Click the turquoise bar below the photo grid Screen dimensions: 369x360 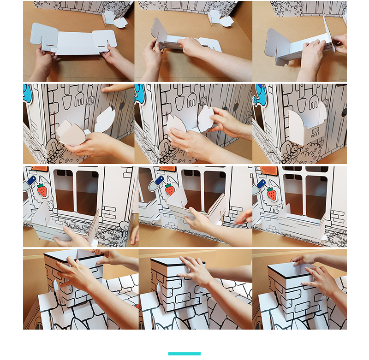pyautogui.click(x=184, y=354)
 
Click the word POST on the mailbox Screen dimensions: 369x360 pyautogui.click(x=315, y=135)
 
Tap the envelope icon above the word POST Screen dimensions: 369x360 pyautogui.click(x=315, y=130)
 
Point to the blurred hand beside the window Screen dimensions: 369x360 pyautogui.click(x=244, y=216)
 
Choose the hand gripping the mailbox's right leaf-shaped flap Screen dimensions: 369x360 pyautogui.click(x=228, y=122)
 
